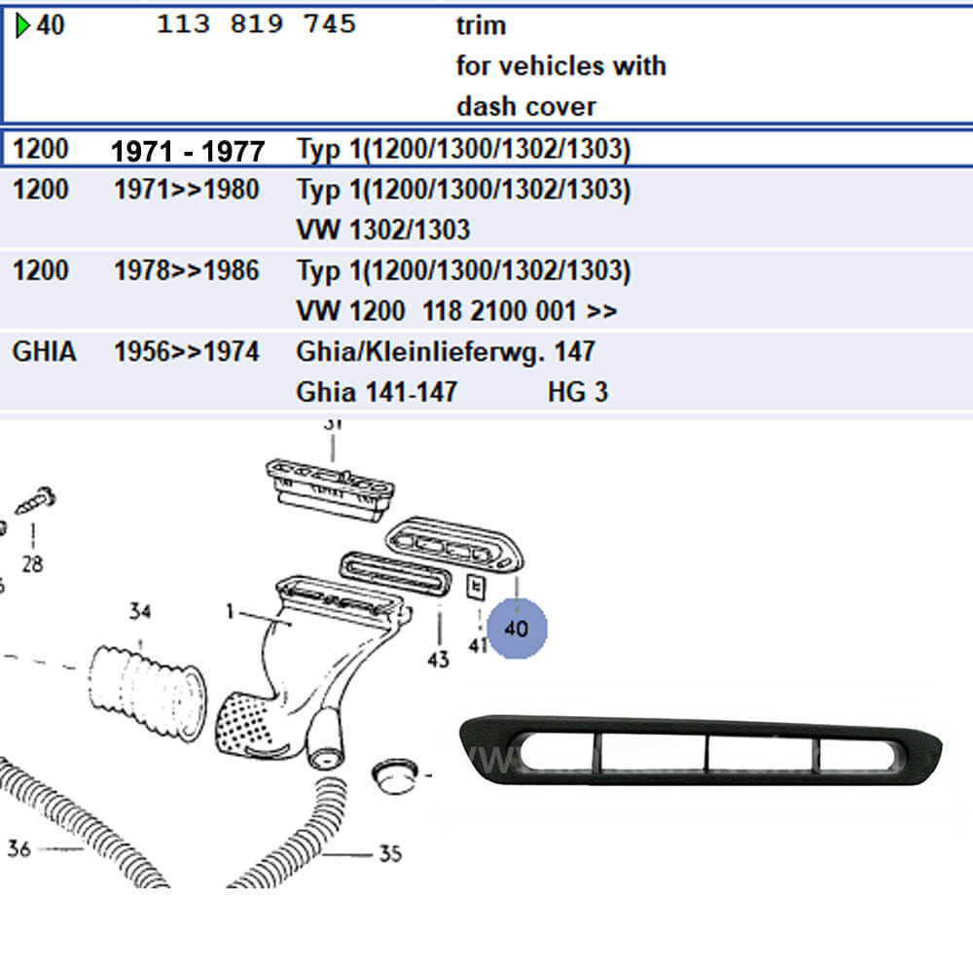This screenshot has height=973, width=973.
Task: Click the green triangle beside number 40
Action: pos(23,25)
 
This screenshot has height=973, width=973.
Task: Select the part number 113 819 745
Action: pos(256,25)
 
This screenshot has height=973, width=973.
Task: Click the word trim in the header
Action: pos(481,26)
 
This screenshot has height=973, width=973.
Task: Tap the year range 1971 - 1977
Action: pos(188,151)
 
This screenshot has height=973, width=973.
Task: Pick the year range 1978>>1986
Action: pos(187,270)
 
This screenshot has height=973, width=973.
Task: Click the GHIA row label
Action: pos(44,351)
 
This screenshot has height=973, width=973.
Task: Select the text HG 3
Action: pos(577,392)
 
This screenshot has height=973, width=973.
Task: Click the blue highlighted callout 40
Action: pos(517,629)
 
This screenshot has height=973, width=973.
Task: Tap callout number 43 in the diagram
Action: pos(438,659)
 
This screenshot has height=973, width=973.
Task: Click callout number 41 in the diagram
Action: pos(478,644)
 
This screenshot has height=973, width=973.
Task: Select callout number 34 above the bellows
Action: pos(140,612)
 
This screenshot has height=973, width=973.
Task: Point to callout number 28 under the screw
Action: pos(32,563)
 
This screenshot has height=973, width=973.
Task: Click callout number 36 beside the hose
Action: pos(19,849)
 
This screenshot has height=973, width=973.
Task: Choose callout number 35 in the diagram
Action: pos(389,854)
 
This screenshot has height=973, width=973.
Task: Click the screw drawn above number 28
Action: pos(36,500)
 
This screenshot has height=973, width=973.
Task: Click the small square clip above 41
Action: pos(476,587)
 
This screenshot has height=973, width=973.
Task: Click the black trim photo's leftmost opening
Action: pos(556,755)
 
